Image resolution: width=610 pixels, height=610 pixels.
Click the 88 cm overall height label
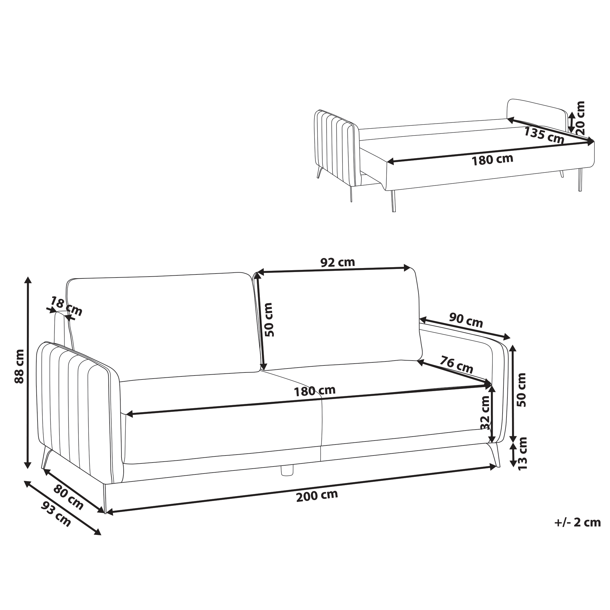(x=19, y=366)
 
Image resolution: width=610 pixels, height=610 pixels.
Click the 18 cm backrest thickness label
(x=67, y=306)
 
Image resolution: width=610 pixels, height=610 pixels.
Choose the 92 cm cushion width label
(x=338, y=262)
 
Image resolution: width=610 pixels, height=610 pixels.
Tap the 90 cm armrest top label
(x=466, y=320)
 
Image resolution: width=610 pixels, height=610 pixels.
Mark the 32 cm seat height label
(x=485, y=413)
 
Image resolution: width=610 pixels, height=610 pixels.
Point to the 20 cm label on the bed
(x=580, y=118)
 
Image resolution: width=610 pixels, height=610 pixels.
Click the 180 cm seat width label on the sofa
(x=315, y=391)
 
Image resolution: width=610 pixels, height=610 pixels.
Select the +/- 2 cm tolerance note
(x=577, y=523)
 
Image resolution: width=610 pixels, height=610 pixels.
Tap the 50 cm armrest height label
(x=521, y=390)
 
